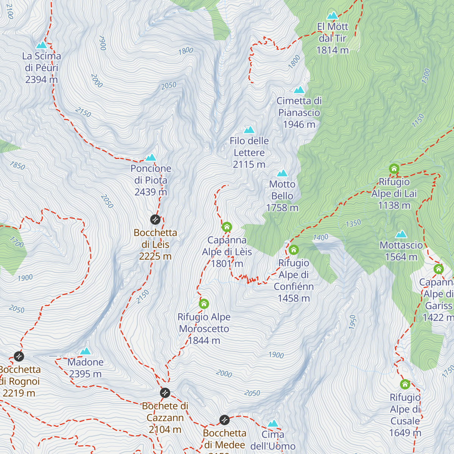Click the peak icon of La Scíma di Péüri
tap(41, 45)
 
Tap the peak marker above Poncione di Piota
tap(151, 157)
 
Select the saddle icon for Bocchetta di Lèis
tap(155, 219)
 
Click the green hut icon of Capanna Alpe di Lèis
tap(227, 227)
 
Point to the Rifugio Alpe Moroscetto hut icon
tap(204, 304)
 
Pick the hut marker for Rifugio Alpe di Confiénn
tap(294, 250)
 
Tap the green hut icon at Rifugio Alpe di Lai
tap(394, 169)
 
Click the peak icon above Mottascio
tap(401, 234)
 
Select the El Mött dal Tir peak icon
tap(333, 16)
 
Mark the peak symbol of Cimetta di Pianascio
tap(299, 90)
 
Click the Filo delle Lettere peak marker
tap(249, 130)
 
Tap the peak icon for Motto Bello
tap(282, 173)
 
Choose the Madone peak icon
tap(86, 351)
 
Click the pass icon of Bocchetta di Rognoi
tap(19, 356)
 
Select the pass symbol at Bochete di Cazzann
tap(165, 393)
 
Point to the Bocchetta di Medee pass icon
tap(224, 420)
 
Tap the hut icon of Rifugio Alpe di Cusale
tap(405, 384)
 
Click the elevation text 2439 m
tap(151, 192)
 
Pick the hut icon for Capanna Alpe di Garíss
tap(438, 269)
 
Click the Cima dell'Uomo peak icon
tap(273, 423)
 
